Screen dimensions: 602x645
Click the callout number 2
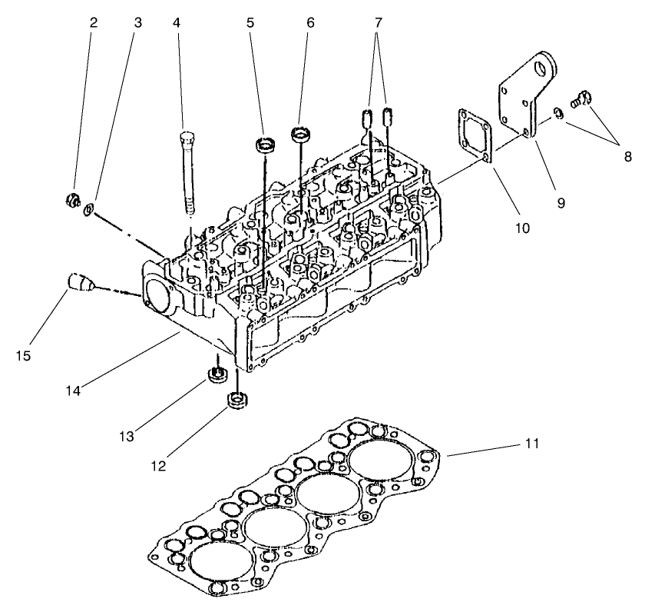94,23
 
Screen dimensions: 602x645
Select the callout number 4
177,23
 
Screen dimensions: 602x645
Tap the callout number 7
376,23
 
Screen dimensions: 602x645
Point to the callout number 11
531,444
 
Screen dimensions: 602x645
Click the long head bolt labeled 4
187,173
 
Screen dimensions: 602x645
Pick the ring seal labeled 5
266,144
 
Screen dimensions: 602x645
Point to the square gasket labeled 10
474,137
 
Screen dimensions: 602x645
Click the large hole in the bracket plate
547,68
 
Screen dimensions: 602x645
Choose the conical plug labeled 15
78,282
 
